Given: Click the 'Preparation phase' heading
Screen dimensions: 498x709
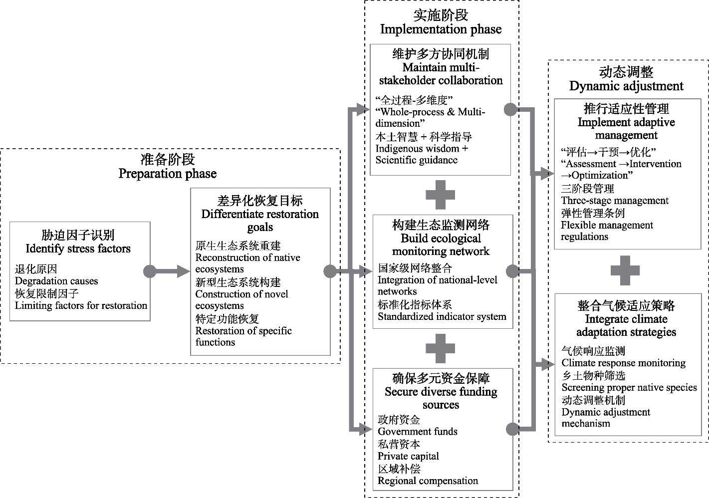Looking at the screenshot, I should click(x=167, y=174).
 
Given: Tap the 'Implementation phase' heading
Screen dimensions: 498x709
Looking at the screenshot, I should click(x=441, y=29).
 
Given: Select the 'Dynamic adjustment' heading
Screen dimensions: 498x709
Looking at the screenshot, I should click(x=626, y=86).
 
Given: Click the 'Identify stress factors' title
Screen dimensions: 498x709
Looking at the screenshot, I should click(x=78, y=249).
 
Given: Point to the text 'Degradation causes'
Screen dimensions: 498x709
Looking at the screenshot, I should click(x=56, y=281).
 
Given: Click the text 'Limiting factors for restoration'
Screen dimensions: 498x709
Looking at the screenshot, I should click(x=81, y=306).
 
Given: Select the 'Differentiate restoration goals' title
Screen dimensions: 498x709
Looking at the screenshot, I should click(x=260, y=220).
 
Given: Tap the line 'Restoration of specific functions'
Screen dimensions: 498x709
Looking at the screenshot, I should click(x=243, y=336).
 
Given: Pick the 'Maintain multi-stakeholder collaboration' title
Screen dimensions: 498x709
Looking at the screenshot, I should click(x=441, y=74).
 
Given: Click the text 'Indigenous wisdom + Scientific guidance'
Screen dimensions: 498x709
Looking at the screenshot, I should click(x=422, y=154).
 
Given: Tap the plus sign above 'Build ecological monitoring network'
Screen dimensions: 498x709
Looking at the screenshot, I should click(x=440, y=195).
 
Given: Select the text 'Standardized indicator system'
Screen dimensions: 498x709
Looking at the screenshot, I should click(x=442, y=317).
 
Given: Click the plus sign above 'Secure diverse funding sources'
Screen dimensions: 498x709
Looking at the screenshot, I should click(x=440, y=348).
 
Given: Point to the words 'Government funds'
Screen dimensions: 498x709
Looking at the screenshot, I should click(x=417, y=432).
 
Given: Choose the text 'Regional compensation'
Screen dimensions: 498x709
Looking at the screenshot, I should click(x=428, y=481).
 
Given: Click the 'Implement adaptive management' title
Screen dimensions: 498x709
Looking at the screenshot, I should click(x=626, y=129).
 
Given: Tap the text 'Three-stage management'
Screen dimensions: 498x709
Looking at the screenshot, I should click(x=615, y=201).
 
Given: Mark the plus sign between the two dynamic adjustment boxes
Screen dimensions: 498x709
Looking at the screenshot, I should click(x=625, y=270).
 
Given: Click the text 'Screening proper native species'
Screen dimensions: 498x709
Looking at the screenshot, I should click(x=629, y=388).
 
